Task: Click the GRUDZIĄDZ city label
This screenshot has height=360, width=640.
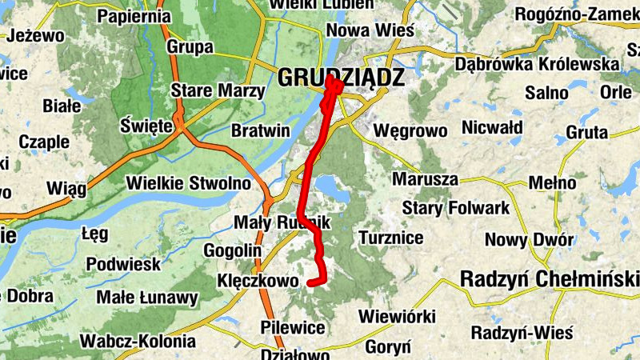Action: tap(342, 77)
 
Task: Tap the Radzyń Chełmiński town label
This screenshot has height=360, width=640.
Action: tap(550, 279)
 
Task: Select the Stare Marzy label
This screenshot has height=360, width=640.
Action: tap(218, 91)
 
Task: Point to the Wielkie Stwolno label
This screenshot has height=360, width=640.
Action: tap(189, 183)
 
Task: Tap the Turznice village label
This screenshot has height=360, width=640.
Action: tap(391, 238)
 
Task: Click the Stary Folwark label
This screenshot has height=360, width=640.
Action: tap(455, 209)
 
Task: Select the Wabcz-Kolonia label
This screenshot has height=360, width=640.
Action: tap(138, 341)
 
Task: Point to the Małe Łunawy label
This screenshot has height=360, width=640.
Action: tap(146, 298)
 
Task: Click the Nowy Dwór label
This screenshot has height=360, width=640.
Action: tap(530, 239)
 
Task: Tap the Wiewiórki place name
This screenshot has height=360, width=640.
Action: tap(397, 315)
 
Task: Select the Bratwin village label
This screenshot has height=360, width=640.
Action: tap(259, 130)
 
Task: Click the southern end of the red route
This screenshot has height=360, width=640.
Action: tap(310, 282)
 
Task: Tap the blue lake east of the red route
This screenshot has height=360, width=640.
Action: tap(334, 190)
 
